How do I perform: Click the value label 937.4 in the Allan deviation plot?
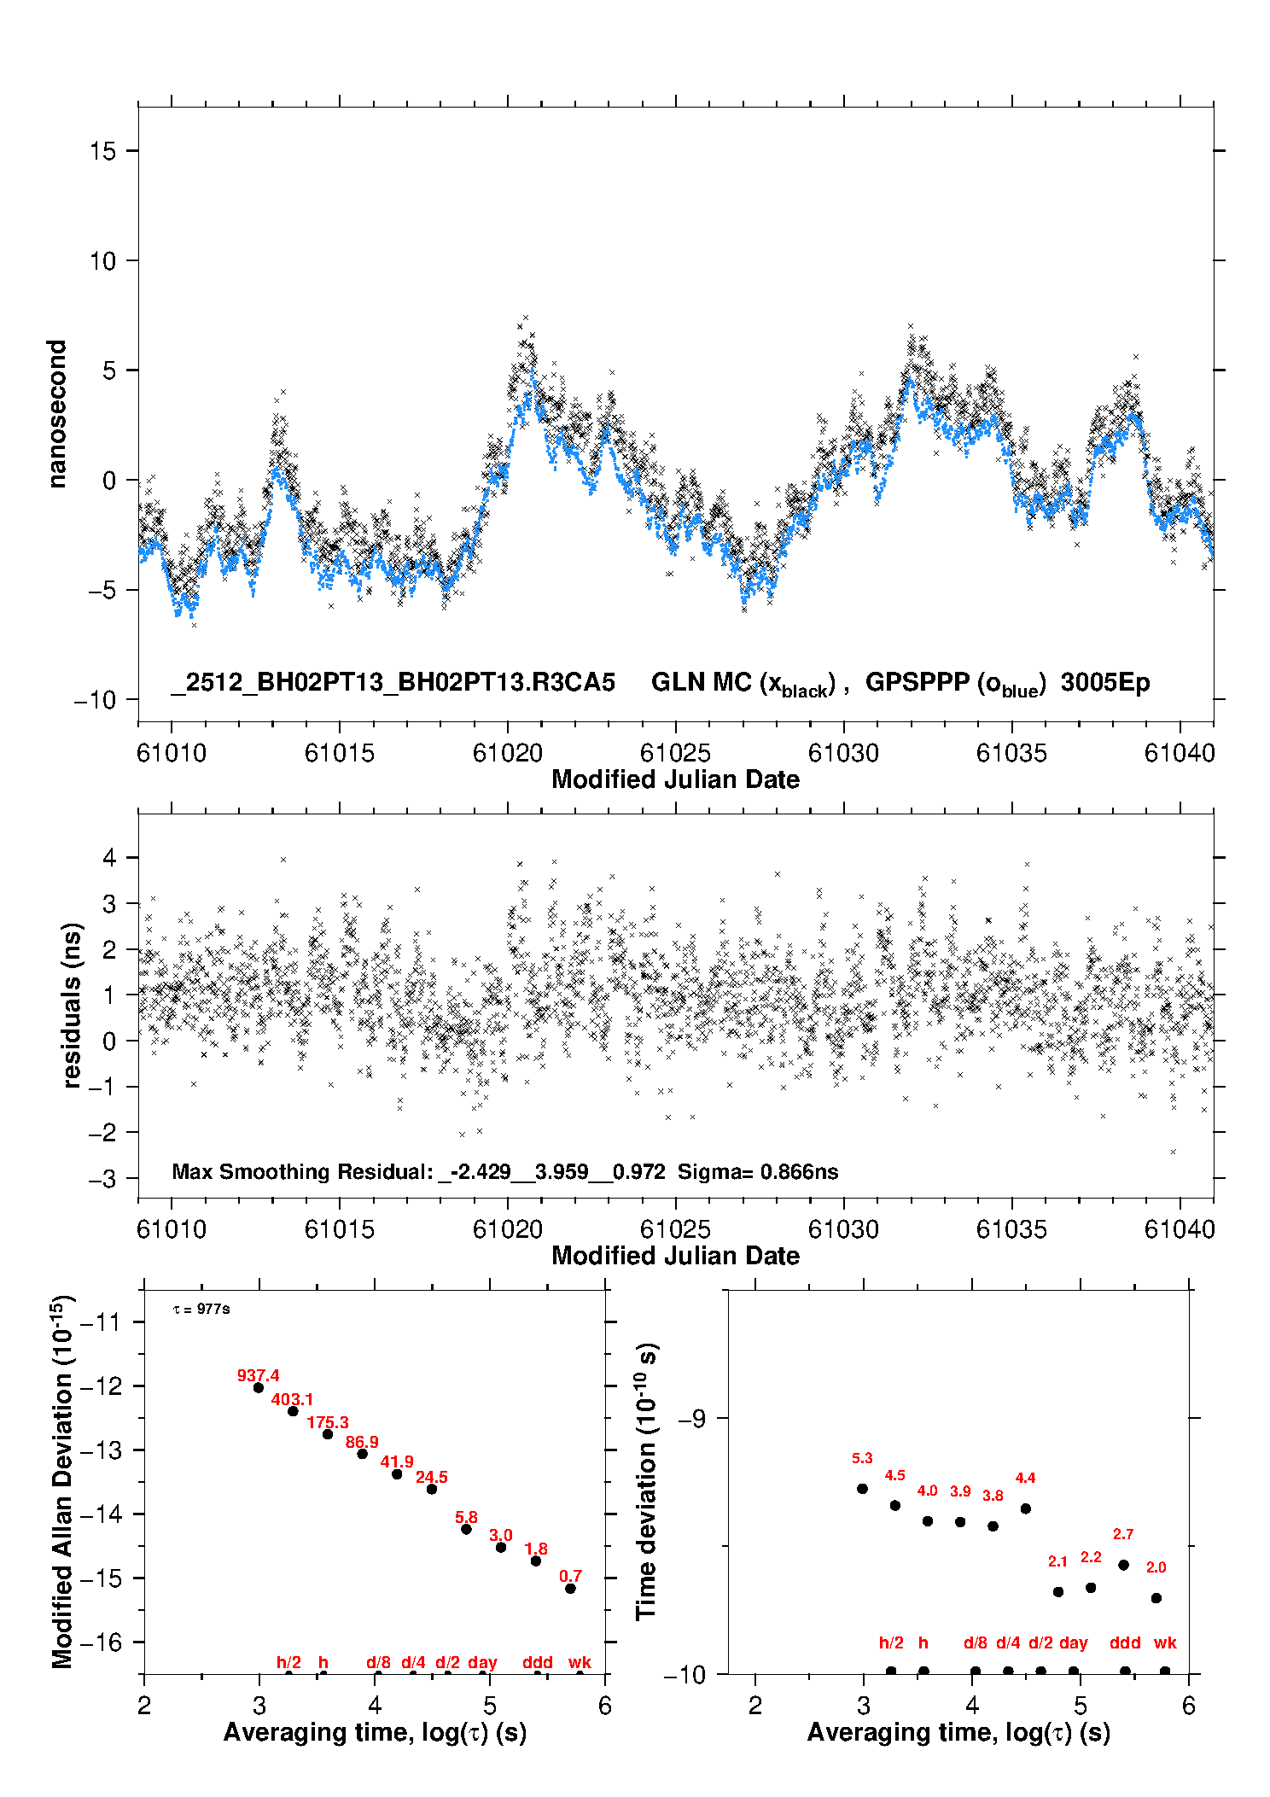[258, 1375]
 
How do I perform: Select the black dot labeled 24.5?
[432, 1489]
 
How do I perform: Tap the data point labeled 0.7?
[570, 1589]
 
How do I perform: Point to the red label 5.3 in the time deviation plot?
[862, 1458]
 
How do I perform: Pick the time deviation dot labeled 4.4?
[1026, 1508]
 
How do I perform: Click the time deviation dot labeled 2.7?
[1124, 1565]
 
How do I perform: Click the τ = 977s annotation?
[201, 1310]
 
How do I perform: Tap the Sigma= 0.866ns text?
[758, 1171]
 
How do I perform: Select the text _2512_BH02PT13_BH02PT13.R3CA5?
[393, 682]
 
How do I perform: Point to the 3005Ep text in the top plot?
[1105, 682]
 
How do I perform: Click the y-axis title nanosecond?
[57, 414]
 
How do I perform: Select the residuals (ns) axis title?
[73, 1005]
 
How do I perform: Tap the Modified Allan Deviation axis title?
[62, 1481]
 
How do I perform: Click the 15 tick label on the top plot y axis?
[102, 151]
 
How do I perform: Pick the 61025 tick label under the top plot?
[675, 753]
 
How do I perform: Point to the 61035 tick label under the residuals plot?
[1011, 1229]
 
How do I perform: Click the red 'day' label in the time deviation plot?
[1074, 1642]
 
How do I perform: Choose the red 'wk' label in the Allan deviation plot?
[580, 1662]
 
